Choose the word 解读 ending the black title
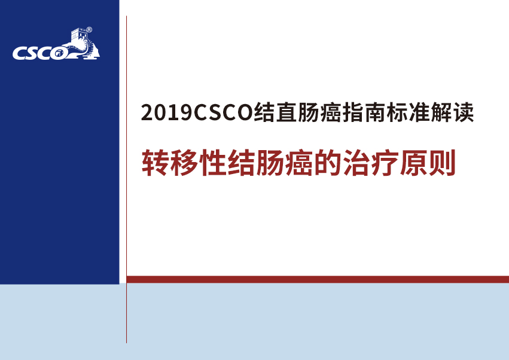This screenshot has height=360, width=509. pyautogui.click(x=452, y=112)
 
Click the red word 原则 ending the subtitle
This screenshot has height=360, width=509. pyautogui.click(x=427, y=163)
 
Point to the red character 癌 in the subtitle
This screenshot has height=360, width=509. pyautogui.click(x=298, y=163)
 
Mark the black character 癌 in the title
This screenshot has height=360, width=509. pyautogui.click(x=331, y=112)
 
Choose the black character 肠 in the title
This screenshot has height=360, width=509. pyautogui.click(x=308, y=112)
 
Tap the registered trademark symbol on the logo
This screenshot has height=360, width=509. pyautogui.click(x=89, y=30)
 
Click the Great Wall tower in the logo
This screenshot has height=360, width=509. pyautogui.click(x=79, y=35)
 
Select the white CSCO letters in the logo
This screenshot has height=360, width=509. pyautogui.click(x=40, y=53)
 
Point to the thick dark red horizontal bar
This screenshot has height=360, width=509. pyautogui.click(x=318, y=279)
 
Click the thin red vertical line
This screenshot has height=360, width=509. pyautogui.click(x=126, y=179)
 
